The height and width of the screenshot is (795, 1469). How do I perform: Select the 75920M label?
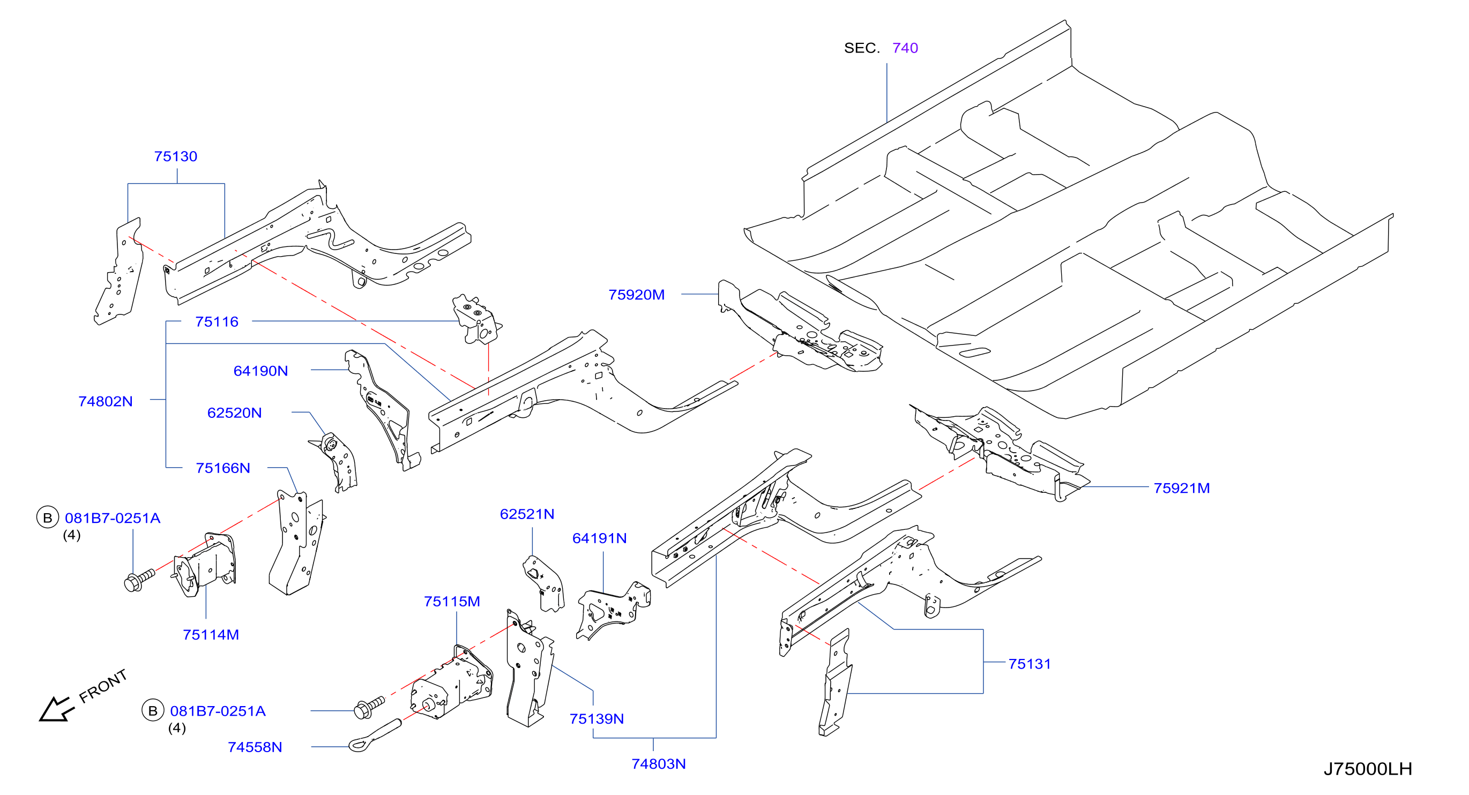(636, 295)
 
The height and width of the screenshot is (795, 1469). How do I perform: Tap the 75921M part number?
(1182, 488)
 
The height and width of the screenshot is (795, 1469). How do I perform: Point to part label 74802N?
(106, 401)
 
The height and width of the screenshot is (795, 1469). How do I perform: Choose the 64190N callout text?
(260, 371)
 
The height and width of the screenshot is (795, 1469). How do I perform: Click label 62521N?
(527, 514)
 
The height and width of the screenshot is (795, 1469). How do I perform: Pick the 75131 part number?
(1030, 664)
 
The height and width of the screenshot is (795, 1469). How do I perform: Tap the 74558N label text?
(255, 747)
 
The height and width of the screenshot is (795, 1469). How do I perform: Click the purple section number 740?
(905, 48)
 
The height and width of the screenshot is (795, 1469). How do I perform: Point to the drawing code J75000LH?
(1368, 769)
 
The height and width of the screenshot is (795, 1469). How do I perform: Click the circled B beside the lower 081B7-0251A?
(153, 711)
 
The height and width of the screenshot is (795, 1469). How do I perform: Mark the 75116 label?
(217, 321)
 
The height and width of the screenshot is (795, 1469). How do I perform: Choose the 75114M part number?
(211, 634)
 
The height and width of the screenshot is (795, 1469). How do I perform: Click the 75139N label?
(596, 718)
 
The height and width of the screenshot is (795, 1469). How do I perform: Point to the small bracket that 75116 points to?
(477, 319)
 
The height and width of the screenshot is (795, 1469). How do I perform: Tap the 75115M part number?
(452, 601)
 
